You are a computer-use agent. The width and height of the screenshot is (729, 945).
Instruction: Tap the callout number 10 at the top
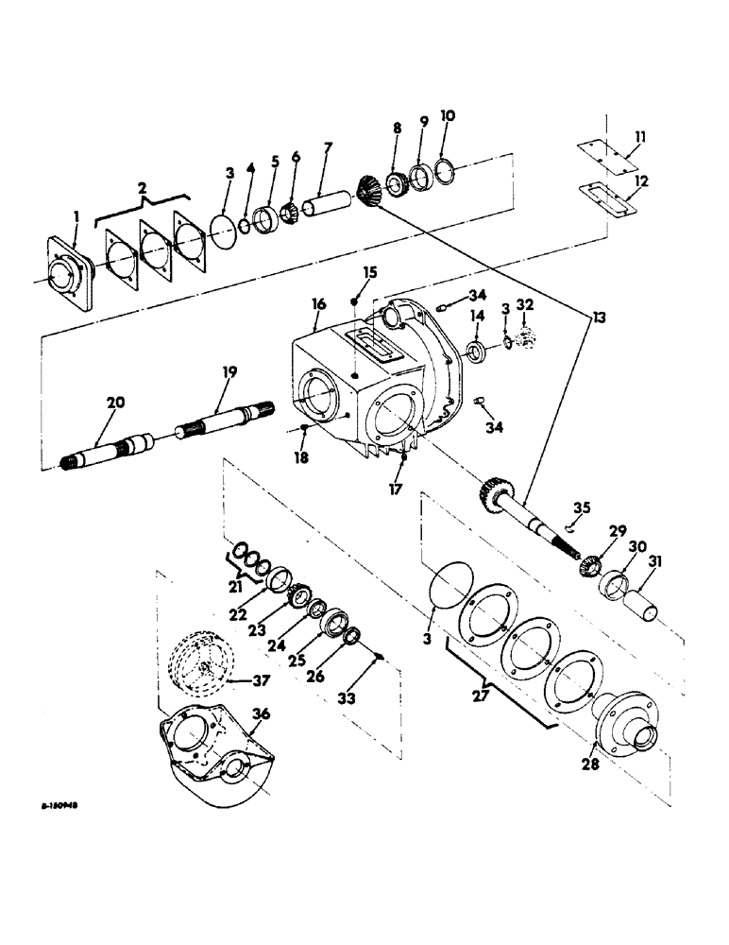448,115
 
